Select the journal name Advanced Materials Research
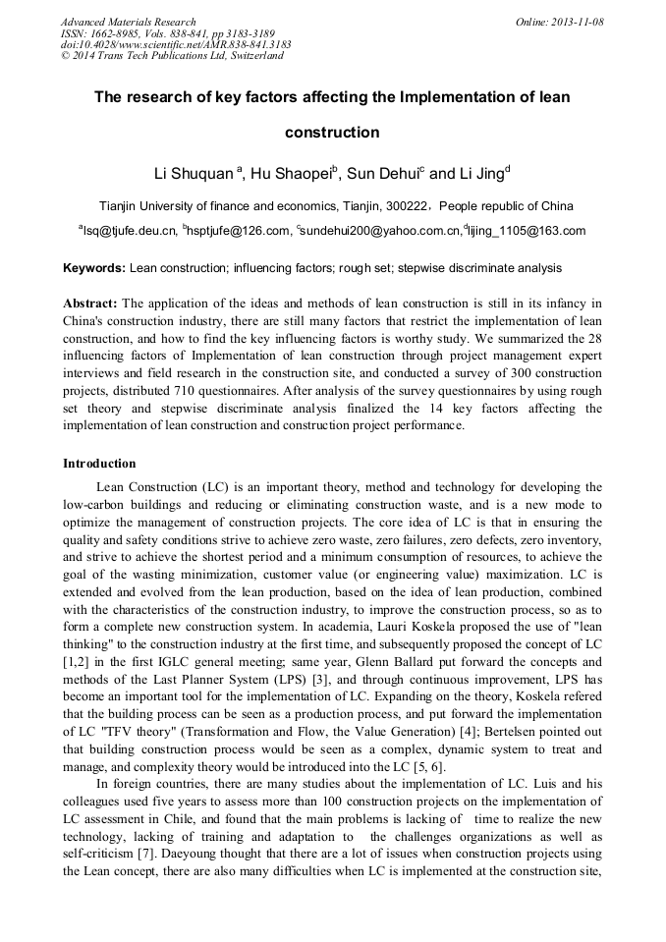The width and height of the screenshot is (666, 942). (129, 22)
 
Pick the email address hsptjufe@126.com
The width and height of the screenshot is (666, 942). (239, 231)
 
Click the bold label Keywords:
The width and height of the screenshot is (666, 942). (94, 267)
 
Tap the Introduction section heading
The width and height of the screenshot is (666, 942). (99, 463)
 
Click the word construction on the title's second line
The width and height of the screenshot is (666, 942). (332, 132)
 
